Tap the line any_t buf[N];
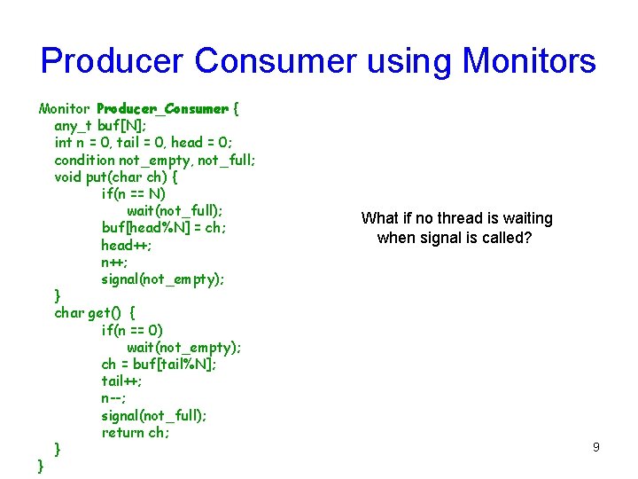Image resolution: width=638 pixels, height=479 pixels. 101,126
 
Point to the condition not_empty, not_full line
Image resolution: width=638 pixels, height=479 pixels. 155,160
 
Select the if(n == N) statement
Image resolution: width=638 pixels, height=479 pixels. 134,194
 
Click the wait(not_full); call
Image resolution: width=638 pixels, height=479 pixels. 175,211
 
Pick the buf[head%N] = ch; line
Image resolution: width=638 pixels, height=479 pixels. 164,228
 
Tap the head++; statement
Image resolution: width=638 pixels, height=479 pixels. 126,245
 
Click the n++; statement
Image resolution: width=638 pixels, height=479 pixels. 114,263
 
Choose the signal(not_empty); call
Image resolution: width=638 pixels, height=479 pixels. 163,279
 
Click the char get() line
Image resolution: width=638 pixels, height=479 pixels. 95,313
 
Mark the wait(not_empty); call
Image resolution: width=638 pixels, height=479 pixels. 183,348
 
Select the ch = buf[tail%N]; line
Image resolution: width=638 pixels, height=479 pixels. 159,365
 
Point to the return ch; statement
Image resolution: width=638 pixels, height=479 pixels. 135,433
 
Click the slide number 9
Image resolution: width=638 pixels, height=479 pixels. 595,447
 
